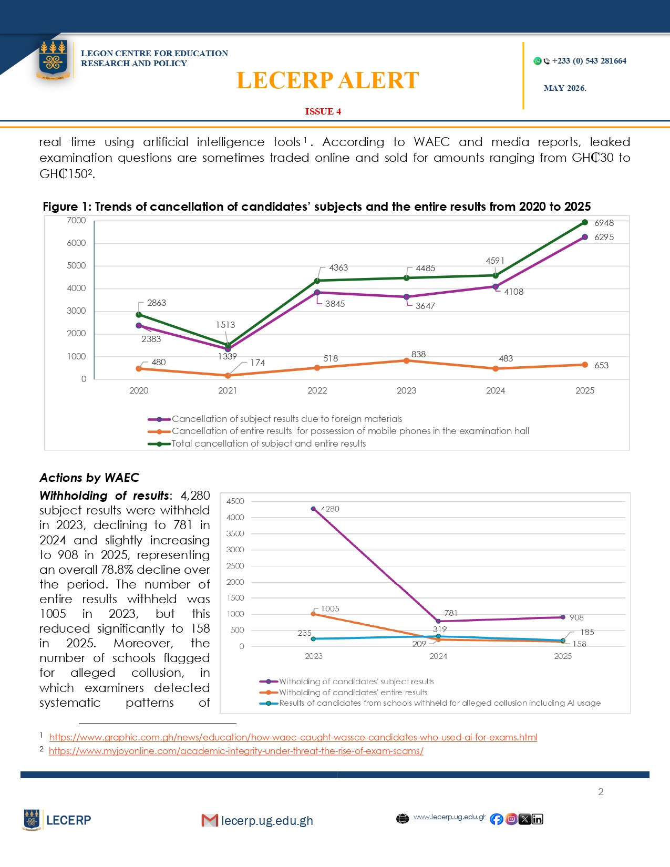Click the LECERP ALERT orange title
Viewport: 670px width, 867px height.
[x=327, y=80]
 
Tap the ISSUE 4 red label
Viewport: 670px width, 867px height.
[x=323, y=111]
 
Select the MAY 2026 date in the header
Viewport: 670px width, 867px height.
[x=565, y=88]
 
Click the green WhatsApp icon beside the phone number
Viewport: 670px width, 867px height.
[x=538, y=61]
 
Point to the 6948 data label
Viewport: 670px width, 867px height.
[x=604, y=223]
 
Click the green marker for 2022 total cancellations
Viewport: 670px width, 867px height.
[x=317, y=281]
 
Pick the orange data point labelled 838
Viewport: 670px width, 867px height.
[x=406, y=360]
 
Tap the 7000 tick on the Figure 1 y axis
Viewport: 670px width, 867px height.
[x=76, y=220]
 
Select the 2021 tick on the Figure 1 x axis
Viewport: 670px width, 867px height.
[x=228, y=390]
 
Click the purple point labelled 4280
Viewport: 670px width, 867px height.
[x=313, y=509]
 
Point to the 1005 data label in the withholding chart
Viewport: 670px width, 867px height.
[x=330, y=608]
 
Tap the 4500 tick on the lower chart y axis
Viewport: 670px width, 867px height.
[x=235, y=501]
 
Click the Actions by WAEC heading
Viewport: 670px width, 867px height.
[x=89, y=478]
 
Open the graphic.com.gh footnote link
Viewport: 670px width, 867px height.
[x=293, y=737]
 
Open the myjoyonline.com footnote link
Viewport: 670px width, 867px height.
[x=236, y=750]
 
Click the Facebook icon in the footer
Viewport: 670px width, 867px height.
[x=497, y=819]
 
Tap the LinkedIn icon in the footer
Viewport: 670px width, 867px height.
[x=537, y=819]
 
